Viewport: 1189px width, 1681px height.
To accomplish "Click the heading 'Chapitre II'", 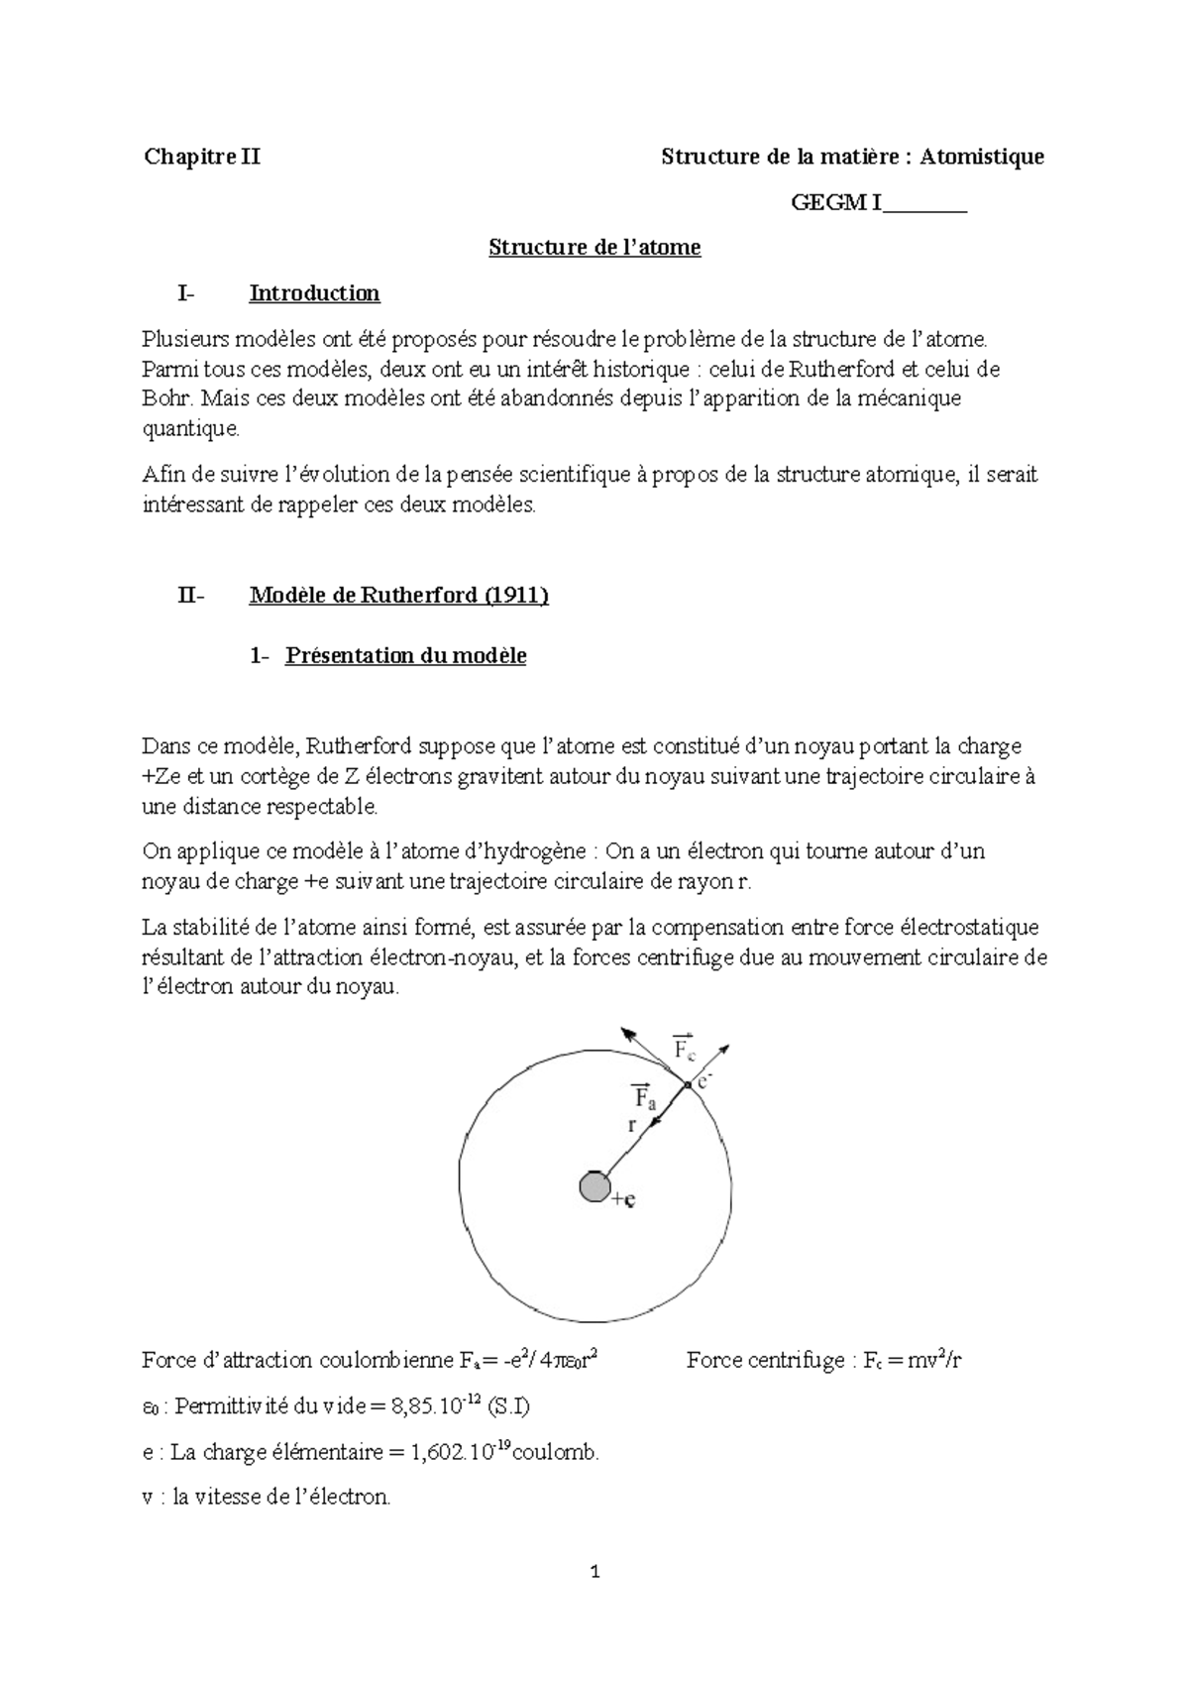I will pos(202,157).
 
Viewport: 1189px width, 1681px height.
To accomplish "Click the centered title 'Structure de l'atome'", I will pos(594,247).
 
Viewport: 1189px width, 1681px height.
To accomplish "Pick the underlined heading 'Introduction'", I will pos(314,293).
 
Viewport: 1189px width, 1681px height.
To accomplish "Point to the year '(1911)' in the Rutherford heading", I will pos(515,595).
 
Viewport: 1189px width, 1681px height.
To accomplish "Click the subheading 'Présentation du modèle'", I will pos(405,655).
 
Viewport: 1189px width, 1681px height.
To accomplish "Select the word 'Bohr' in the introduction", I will pos(163,399).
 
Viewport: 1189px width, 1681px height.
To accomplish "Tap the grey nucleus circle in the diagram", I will pos(594,1186).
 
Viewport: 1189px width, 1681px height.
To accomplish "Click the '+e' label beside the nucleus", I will pos(624,1199).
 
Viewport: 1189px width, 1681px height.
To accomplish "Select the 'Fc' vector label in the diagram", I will pos(685,1049).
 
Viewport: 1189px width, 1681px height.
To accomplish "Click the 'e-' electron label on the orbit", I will pos(704,1081).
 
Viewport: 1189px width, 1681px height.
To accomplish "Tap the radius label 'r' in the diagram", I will pos(631,1125).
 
